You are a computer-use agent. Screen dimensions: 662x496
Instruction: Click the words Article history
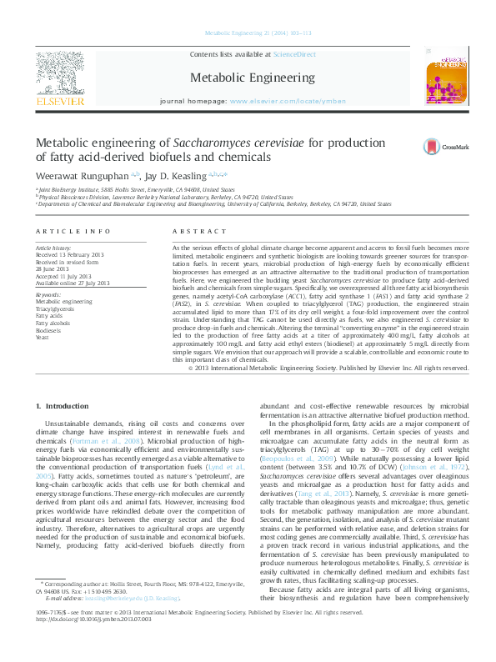[53, 248]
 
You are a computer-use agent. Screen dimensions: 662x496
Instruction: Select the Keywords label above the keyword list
[48, 294]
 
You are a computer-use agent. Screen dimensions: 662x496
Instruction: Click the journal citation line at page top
[247, 34]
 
